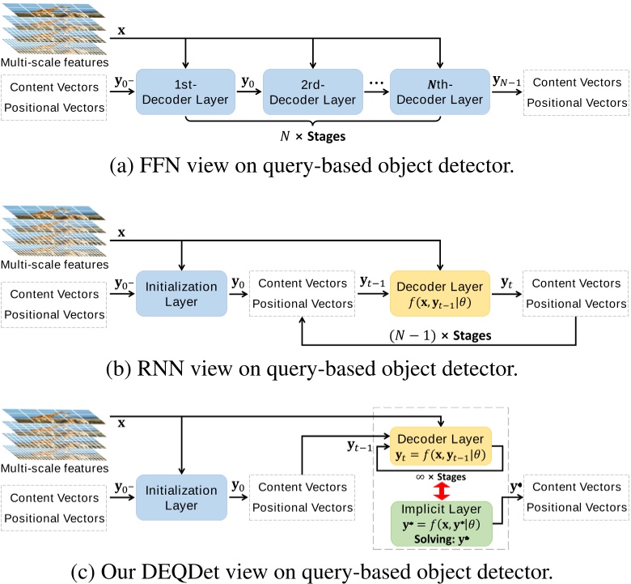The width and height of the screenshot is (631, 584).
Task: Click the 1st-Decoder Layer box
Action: point(185,93)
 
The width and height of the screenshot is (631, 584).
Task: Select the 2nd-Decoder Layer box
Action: point(312,93)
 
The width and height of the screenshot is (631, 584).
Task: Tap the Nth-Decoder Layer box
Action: point(439,93)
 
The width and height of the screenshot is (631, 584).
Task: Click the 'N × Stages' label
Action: point(312,137)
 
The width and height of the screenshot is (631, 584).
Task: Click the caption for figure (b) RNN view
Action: point(315,369)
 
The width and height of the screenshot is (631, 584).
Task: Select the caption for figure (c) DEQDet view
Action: point(315,570)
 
